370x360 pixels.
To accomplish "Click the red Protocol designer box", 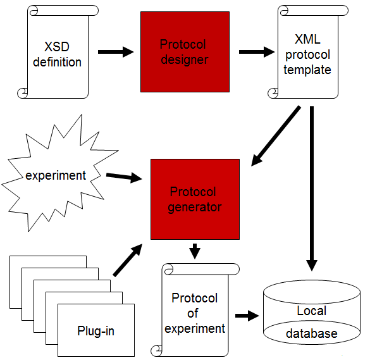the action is (185, 52).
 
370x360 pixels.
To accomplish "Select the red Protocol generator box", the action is (195, 199).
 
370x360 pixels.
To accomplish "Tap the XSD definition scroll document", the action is (58, 52).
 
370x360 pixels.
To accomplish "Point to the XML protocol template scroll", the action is (308, 52).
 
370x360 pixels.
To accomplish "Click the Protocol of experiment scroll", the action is (195, 310).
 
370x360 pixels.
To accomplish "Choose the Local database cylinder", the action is (312, 312).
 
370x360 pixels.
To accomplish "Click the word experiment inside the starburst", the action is (56, 176).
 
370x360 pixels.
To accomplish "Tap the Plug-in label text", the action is (96, 331).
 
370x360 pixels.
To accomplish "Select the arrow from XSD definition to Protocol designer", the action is (116, 52).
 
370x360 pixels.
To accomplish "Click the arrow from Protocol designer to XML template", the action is (257, 52).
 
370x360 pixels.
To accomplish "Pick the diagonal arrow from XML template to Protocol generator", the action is (276, 136).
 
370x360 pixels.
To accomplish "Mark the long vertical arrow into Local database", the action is (312, 189).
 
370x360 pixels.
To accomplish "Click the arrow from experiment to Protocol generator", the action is (124, 177).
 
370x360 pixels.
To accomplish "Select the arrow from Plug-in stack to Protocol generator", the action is (128, 260).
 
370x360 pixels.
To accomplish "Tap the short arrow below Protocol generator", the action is (195, 251).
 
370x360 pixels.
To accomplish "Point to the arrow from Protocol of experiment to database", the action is (247, 316).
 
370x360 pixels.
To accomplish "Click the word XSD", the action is (57, 47).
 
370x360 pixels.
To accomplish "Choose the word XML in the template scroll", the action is (308, 39).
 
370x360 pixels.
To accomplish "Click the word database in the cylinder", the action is (311, 333).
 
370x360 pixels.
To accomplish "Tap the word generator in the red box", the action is (195, 208).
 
